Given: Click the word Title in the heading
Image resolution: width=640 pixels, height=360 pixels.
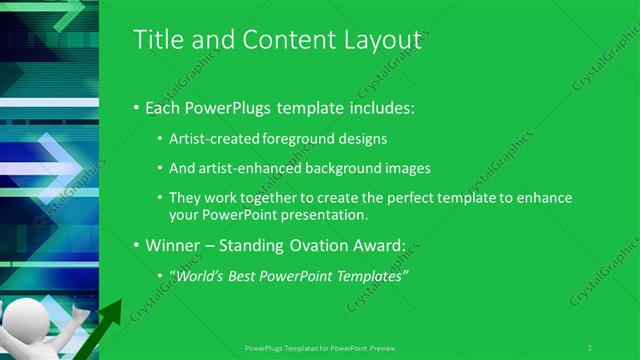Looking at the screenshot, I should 156,40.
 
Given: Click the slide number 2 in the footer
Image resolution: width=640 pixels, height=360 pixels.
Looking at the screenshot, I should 590,347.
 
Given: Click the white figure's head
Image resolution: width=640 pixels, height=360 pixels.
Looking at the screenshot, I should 21,326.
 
